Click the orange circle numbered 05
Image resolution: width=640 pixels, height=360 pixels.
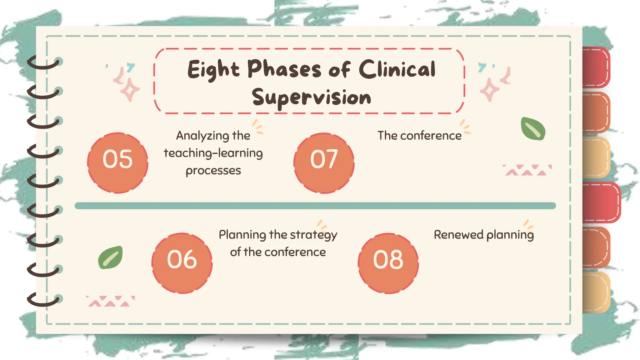117,162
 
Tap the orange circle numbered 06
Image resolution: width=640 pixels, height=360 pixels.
182,263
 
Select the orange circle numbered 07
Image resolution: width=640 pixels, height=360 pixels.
324,163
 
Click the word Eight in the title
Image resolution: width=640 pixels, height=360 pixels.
213,70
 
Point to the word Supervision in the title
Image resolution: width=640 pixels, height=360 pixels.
311,97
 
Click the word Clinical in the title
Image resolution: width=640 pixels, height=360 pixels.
397,69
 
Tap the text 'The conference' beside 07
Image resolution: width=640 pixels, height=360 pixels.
419,136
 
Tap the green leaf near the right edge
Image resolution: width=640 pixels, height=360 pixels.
533,129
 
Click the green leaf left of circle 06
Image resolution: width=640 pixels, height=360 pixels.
110,257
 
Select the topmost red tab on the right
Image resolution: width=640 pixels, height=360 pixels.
596,67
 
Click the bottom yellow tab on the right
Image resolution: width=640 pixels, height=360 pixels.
596,292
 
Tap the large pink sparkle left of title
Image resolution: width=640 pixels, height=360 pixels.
130,90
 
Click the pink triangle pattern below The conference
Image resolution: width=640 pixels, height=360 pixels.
527,170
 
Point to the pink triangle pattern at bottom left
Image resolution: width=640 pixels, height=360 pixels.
110,301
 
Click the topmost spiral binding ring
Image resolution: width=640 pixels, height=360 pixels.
44,62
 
